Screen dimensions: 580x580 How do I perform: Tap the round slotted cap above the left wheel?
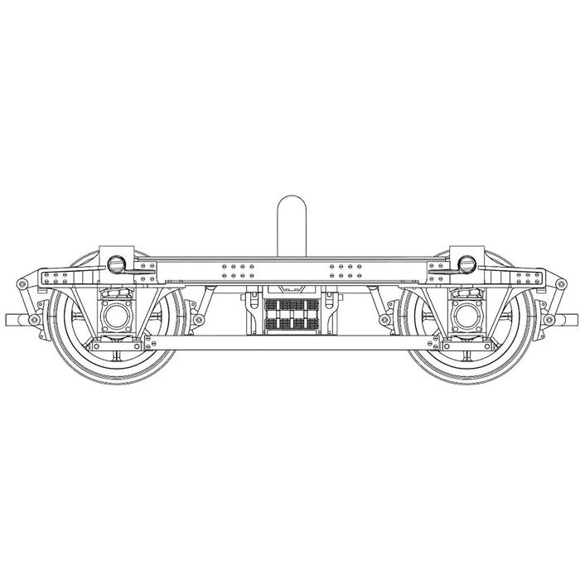(117, 263)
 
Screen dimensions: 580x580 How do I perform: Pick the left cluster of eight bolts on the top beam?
(234, 270)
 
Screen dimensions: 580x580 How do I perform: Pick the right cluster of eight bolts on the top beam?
(346, 270)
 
